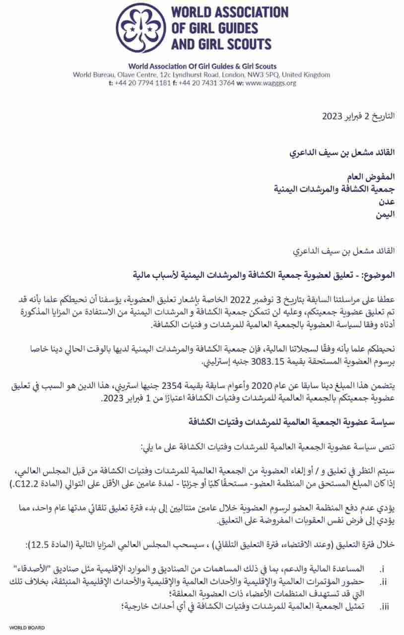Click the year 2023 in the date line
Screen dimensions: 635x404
pos(332,117)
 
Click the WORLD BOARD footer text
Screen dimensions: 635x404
pos(27,628)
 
